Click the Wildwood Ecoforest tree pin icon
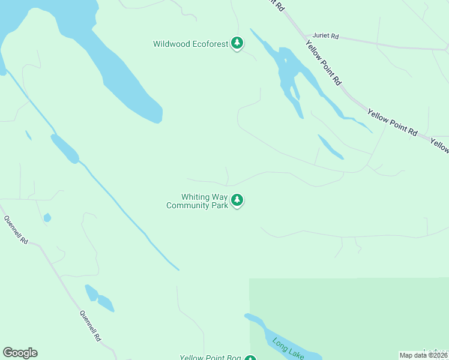238,43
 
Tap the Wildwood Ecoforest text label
191,44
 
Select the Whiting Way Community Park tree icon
238,200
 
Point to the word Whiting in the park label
196,197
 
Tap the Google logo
20,353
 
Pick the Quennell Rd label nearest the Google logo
90,325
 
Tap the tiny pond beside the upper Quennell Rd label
47,218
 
